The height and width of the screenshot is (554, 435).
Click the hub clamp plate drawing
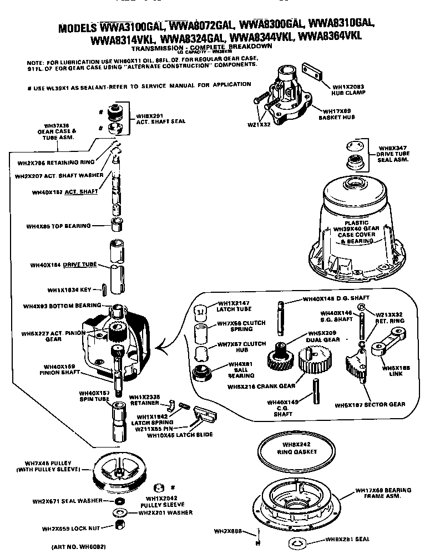tap(312, 74)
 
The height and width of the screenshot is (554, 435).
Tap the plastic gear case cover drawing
tap(354, 227)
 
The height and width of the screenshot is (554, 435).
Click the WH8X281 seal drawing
tap(297, 542)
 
